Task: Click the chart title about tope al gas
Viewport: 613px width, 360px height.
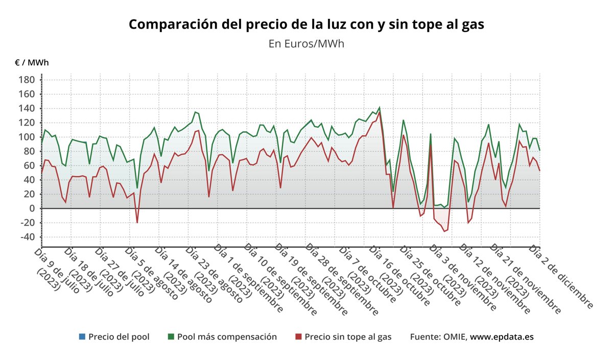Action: [306, 24]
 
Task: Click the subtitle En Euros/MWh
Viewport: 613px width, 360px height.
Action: [306, 43]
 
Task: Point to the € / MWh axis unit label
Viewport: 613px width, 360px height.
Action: [32, 63]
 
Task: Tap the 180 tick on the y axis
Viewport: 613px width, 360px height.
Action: [27, 80]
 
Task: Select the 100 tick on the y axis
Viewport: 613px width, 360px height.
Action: [27, 137]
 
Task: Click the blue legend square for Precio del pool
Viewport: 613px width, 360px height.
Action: [82, 337]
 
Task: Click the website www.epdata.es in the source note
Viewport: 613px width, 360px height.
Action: [502, 337]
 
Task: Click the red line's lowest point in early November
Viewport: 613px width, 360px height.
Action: [444, 231]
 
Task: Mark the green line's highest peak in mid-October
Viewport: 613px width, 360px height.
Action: [379, 108]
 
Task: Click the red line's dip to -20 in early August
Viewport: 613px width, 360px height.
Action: [137, 223]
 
